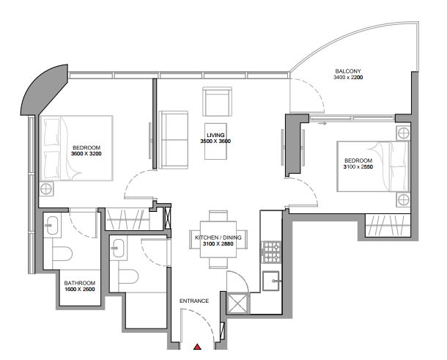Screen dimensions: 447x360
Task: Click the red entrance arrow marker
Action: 197,347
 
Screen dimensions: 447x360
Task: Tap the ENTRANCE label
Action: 194,301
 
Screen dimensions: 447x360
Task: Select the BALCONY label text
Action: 348,71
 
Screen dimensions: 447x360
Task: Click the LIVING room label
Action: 215,135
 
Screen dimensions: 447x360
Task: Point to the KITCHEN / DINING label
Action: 218,238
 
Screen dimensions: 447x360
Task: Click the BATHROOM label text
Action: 80,283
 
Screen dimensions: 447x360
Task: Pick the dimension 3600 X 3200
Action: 86,154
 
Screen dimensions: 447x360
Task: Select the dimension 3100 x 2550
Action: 358,166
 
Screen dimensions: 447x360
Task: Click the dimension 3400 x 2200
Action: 348,77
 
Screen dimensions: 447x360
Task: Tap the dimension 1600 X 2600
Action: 80,289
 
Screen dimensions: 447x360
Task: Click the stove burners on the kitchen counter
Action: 271,252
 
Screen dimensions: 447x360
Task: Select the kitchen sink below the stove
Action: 271,281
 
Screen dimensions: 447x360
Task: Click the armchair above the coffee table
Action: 217,102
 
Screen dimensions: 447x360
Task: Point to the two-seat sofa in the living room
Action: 174,140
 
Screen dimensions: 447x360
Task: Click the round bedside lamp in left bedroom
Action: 46,189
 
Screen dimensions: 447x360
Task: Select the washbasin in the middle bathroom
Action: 118,248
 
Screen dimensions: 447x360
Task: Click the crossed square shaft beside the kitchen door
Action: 238,303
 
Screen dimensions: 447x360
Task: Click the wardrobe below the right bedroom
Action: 388,225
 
